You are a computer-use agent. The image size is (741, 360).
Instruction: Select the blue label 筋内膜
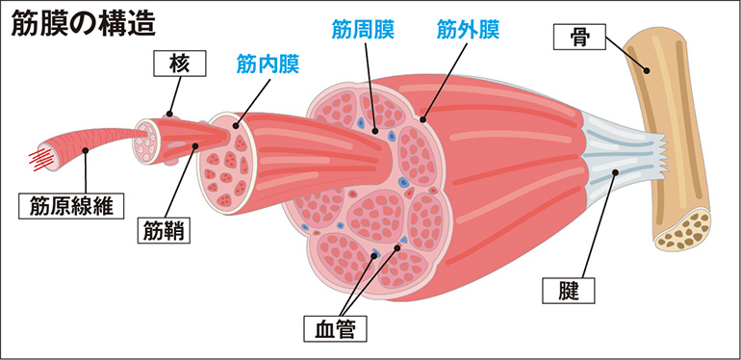(268, 65)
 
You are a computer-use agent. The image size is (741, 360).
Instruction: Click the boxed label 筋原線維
(71, 204)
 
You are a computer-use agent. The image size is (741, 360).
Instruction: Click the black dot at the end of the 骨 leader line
(648, 69)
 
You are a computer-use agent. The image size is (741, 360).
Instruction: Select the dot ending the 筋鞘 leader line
(196, 146)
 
